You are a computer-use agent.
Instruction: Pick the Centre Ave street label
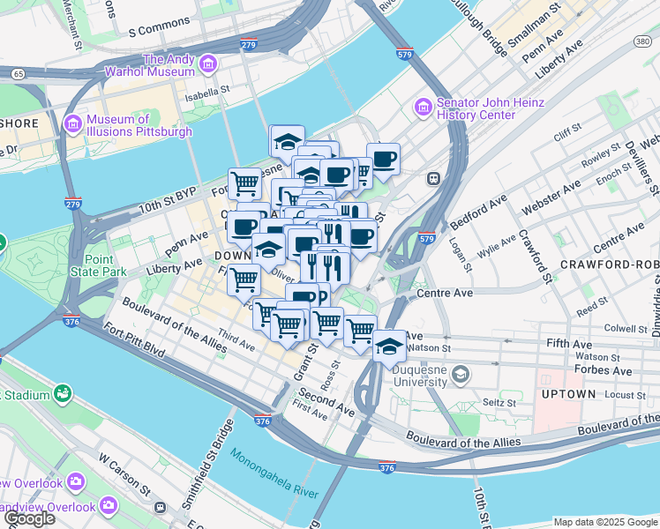[x=446, y=292]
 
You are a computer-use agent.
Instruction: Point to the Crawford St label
[x=535, y=255]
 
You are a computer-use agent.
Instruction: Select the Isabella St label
[x=206, y=89]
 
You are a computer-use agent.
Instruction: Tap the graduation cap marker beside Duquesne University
[x=389, y=346]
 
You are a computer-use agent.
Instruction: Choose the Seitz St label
[x=499, y=402]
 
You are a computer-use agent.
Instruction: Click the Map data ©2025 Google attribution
[x=604, y=522]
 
